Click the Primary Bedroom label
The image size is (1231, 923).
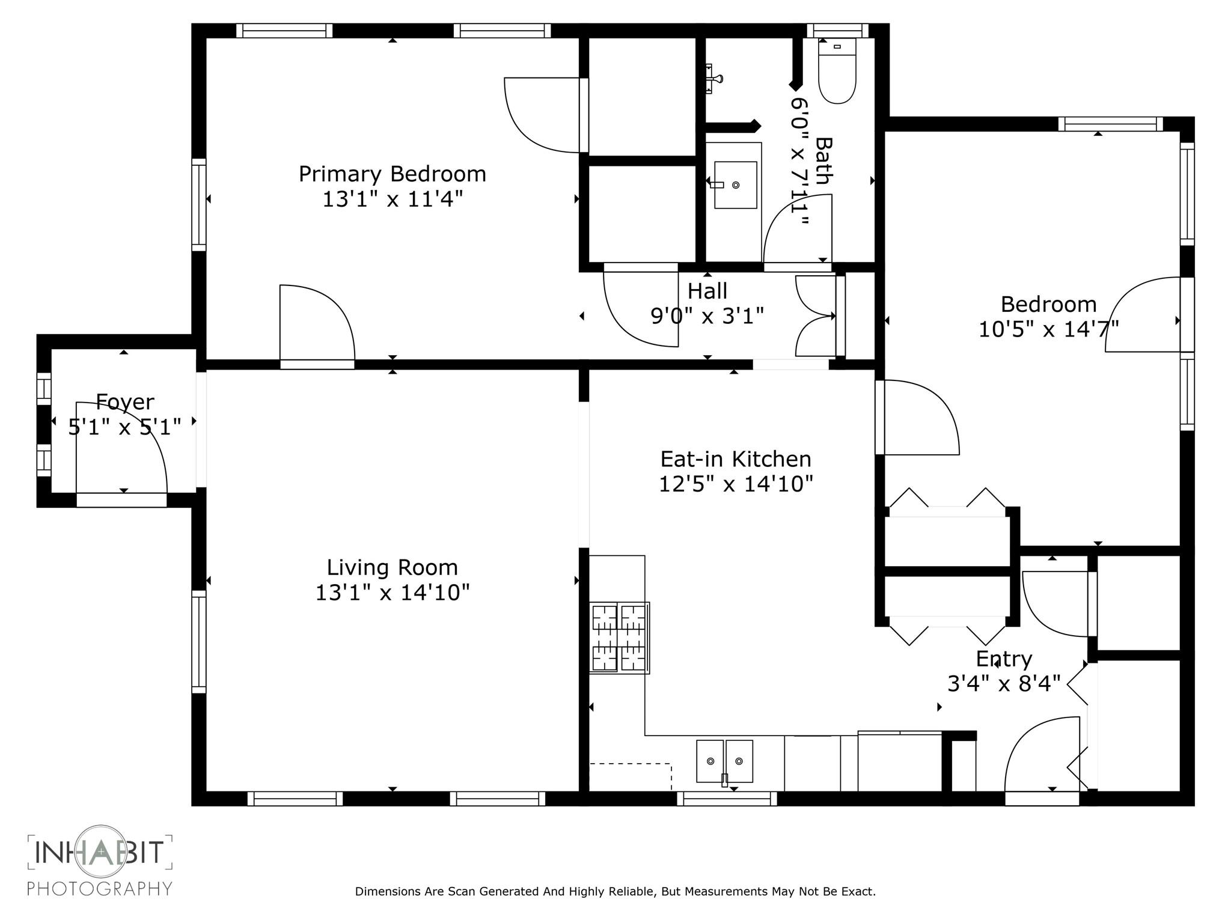(x=392, y=174)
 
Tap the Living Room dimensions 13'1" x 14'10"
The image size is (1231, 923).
(x=392, y=592)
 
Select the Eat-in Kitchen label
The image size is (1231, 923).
(x=736, y=459)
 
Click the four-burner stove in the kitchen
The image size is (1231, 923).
(x=619, y=638)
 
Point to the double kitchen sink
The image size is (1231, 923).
(x=724, y=761)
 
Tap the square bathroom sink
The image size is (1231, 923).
(x=735, y=185)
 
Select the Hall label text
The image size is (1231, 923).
(x=707, y=291)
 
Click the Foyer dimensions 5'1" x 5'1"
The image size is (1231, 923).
(x=124, y=427)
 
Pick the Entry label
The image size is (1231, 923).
(x=1004, y=659)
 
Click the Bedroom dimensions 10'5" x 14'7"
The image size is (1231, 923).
(x=1049, y=329)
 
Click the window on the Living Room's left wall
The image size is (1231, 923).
(x=198, y=642)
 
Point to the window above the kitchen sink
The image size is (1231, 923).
(x=727, y=799)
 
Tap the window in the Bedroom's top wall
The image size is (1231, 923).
(x=1110, y=124)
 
